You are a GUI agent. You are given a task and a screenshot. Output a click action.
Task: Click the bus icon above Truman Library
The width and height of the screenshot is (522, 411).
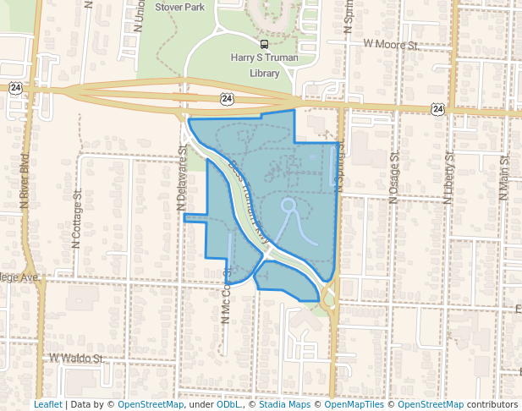265,45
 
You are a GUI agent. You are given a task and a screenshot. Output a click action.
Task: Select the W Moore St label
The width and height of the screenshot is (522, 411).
392,42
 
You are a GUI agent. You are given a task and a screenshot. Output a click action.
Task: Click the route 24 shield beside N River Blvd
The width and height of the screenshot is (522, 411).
16,87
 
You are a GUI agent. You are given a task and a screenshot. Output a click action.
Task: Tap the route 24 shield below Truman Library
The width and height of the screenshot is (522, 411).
227,99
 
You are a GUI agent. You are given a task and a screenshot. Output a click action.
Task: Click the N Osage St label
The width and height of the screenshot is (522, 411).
393,177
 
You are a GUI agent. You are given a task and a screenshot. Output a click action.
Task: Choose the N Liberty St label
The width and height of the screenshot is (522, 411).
449,177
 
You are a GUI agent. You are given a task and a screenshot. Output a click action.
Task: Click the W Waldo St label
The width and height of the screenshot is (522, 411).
77,359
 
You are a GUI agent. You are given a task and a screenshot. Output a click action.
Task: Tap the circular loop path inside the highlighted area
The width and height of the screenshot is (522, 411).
288,205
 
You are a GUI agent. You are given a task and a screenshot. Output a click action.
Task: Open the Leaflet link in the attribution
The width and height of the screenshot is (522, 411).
47,405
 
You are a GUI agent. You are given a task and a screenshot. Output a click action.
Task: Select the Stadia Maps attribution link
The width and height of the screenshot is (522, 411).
284,405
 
